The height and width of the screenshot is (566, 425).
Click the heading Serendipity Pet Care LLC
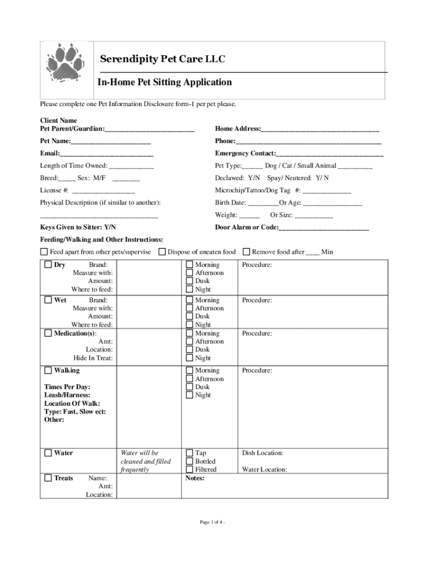pos(162,59)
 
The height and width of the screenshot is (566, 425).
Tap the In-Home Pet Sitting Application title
pos(164,82)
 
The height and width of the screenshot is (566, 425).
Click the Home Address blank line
pos(320,129)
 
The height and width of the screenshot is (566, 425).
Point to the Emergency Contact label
pos(245,153)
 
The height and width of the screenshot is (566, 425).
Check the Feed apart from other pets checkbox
pos(44,252)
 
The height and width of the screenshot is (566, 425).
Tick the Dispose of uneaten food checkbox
pos(162,252)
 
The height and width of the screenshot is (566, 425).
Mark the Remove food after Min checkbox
pos(246,252)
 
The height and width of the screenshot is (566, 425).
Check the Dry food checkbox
pos(48,265)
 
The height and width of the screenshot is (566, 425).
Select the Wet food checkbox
pos(48,300)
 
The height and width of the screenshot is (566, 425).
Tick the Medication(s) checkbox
pos(48,333)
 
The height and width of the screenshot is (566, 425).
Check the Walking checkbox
pos(48,370)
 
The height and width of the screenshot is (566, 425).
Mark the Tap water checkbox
pos(190,453)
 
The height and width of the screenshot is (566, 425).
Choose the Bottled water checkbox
pos(190,461)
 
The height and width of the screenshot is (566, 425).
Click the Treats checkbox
pos(48,478)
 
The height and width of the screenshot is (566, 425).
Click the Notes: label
pos(195,478)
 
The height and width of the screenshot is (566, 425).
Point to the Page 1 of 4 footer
pos(212,522)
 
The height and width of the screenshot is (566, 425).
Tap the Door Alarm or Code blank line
pos(324,228)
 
